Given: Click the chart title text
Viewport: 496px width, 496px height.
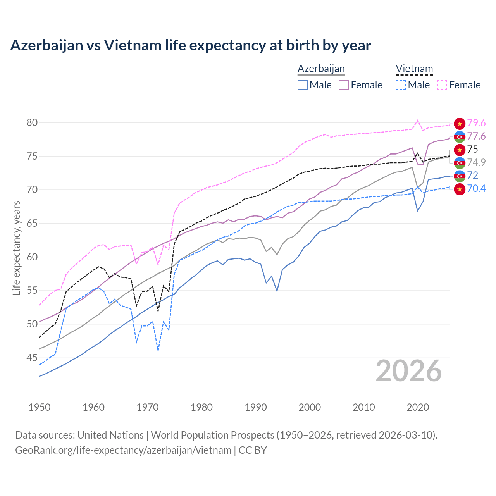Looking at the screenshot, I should (191, 45).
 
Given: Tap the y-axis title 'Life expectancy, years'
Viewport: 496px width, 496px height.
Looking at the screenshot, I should (17, 248).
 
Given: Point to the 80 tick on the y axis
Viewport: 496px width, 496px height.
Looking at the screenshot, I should (32, 123).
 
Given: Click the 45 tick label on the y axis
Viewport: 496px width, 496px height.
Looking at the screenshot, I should (32, 358).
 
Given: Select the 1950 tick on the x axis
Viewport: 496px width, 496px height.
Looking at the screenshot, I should (40, 407).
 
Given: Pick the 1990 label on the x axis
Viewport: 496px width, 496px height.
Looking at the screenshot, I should (256, 407).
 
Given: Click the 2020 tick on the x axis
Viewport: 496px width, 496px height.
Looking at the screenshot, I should (418, 407).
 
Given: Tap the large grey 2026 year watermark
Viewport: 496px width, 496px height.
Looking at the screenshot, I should (408, 371).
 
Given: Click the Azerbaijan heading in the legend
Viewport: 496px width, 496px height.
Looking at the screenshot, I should (321, 69).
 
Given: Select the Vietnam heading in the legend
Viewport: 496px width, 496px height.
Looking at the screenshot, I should (414, 69).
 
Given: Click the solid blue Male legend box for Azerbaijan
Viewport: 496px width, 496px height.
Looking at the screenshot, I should (303, 85).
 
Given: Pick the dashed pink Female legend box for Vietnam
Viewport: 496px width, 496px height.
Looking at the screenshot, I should (442, 85).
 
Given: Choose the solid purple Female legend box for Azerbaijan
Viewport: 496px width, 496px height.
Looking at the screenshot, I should (344, 85).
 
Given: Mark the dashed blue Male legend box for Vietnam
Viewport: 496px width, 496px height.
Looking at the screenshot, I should (401, 85).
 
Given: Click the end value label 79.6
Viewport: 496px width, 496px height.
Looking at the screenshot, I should (476, 123).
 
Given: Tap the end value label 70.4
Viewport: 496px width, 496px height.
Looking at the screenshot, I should (476, 189).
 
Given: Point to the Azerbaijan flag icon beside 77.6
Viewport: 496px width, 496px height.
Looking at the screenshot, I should (460, 136).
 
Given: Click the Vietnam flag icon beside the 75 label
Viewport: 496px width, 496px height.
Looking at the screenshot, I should (460, 150).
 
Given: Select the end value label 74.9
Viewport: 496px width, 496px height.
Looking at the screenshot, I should (476, 162).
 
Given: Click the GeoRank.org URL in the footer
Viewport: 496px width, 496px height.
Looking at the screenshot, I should (123, 450).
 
